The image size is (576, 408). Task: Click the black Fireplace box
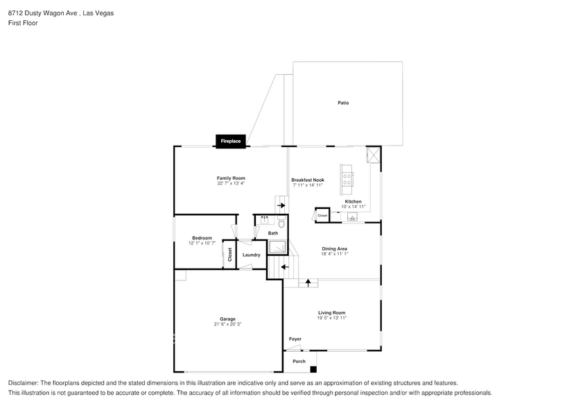(x=230, y=142)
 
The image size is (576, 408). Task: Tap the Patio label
(x=343, y=103)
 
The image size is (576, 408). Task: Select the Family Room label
(x=231, y=178)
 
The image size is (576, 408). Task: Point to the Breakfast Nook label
(x=308, y=180)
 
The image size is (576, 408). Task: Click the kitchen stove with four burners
(x=347, y=179)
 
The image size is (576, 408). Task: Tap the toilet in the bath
(x=281, y=222)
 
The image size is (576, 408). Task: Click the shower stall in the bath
(x=277, y=247)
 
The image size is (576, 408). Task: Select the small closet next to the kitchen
(x=322, y=215)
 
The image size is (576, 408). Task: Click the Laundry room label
(x=252, y=255)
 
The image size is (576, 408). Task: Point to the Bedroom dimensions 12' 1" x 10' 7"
(x=202, y=243)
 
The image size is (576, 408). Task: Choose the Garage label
(x=228, y=319)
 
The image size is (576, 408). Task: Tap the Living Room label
(x=332, y=313)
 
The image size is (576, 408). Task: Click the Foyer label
(x=295, y=339)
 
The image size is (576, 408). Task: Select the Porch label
(x=299, y=362)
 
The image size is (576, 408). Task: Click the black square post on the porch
(x=313, y=369)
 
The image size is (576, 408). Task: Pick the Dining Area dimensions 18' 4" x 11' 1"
(x=334, y=254)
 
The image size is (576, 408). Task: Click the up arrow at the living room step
(x=308, y=283)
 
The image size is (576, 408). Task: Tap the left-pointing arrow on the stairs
(x=285, y=267)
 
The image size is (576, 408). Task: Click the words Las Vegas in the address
(x=98, y=13)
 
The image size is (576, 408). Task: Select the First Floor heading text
(x=23, y=23)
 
